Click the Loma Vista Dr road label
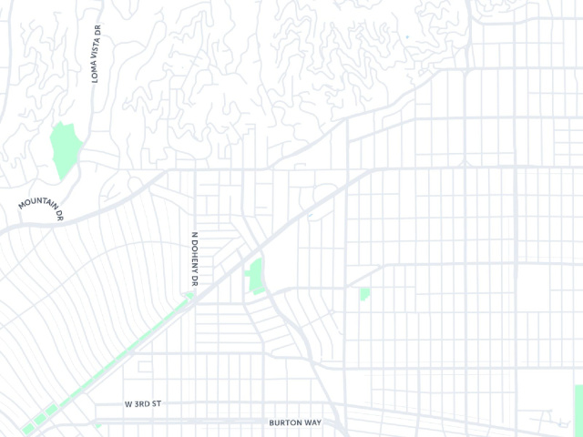coord(96,54)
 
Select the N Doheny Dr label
coord(194,258)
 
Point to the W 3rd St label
coord(147,402)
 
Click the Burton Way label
coord(291,422)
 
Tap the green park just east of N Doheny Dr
coord(254,275)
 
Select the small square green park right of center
coord(364,293)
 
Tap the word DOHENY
coord(194,259)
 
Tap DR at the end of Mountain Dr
coord(60,216)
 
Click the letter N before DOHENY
coord(194,236)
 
